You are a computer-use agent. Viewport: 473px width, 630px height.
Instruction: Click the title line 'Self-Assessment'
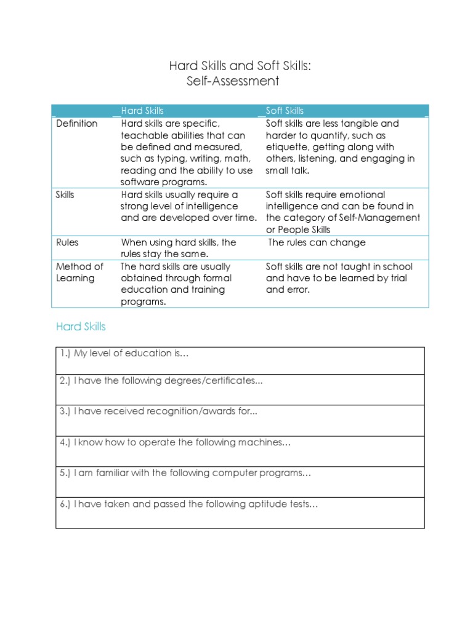(232, 81)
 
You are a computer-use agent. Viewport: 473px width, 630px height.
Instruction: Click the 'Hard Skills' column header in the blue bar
(142, 111)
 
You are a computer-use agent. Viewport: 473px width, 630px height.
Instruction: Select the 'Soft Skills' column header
(285, 111)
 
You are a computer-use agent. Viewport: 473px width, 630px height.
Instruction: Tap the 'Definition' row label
(76, 124)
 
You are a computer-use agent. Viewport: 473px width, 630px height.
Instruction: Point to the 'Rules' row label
(67, 242)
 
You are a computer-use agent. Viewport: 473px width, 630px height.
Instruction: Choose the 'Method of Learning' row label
(79, 273)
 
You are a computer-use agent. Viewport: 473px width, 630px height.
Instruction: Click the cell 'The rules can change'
(317, 242)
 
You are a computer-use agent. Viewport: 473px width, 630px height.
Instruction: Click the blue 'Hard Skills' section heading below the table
(81, 327)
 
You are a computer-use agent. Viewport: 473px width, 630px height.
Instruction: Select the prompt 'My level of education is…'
(131, 353)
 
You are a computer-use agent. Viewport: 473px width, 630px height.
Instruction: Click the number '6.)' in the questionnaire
(65, 504)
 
